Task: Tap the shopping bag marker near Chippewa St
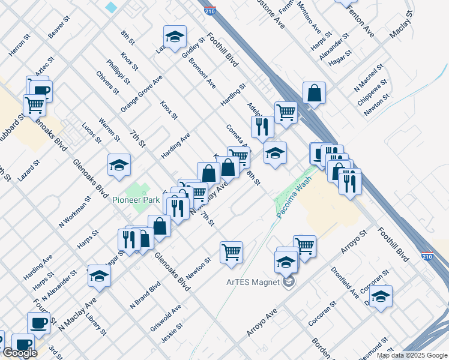pyautogui.click(x=314, y=93)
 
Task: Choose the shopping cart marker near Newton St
pyautogui.click(x=231, y=251)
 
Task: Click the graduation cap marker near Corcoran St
pyautogui.click(x=381, y=296)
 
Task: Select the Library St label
pyautogui.click(x=96, y=323)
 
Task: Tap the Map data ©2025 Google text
pyautogui.click(x=412, y=355)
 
